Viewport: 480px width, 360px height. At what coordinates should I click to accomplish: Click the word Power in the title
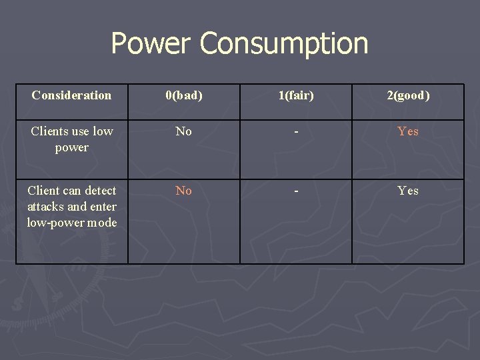click(151, 43)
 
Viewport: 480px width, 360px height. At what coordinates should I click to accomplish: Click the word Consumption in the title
click(283, 45)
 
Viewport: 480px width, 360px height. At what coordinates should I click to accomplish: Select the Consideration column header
click(71, 95)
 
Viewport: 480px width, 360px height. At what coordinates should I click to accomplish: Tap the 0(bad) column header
click(183, 95)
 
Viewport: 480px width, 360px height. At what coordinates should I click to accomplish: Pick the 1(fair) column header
click(296, 95)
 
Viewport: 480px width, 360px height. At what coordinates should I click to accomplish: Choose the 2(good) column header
click(408, 95)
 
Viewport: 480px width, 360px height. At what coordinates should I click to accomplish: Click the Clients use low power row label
click(71, 139)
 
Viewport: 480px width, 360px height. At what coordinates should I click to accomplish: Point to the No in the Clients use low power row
click(183, 131)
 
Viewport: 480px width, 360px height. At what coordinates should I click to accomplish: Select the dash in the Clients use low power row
click(296, 132)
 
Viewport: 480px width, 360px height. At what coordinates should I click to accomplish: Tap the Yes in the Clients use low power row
click(408, 131)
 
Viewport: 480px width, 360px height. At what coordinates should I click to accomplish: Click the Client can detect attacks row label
click(71, 207)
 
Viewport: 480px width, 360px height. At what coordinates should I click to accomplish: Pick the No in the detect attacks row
click(183, 191)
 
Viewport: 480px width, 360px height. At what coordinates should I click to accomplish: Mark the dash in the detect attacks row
click(296, 191)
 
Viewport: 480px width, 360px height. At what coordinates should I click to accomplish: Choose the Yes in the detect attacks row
click(408, 191)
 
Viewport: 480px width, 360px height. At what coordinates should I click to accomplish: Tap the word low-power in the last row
click(55, 223)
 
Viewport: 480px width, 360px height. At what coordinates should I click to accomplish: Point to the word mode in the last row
click(102, 223)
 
